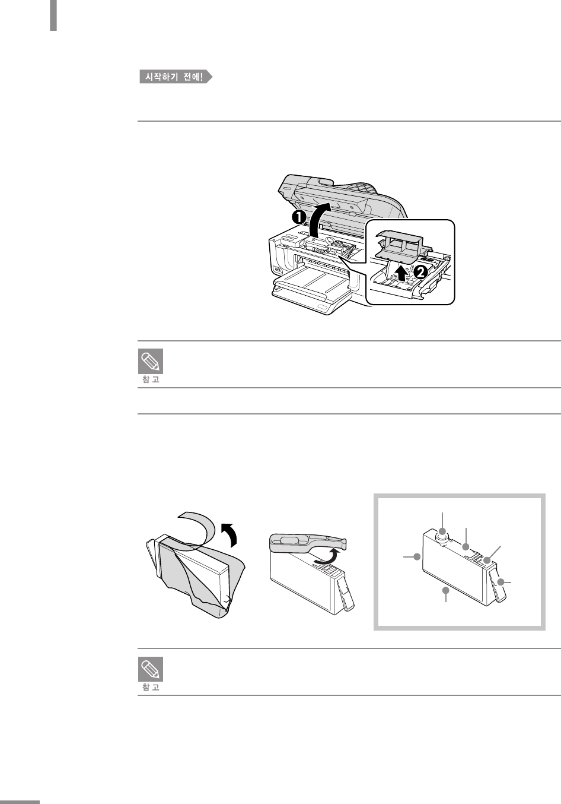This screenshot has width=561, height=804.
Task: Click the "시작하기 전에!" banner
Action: point(176,77)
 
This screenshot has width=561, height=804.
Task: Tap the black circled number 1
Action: point(298,217)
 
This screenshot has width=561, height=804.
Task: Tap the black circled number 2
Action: point(420,272)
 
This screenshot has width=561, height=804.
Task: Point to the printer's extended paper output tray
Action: point(311,291)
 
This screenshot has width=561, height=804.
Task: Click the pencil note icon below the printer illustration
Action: point(151,361)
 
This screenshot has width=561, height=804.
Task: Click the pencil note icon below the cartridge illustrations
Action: point(151,669)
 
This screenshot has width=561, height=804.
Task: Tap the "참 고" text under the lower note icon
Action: point(151,687)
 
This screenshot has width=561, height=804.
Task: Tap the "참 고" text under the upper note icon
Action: point(151,379)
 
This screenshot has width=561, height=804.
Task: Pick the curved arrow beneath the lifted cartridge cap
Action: point(325,556)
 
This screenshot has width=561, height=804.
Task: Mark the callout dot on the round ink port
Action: point(442,531)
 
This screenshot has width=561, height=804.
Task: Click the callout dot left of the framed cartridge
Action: point(417,557)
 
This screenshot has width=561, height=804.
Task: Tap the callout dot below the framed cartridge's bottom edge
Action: point(445,590)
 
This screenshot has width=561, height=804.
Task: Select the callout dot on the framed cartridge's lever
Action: point(501,582)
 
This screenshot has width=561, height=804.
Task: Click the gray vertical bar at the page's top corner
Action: point(53,15)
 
